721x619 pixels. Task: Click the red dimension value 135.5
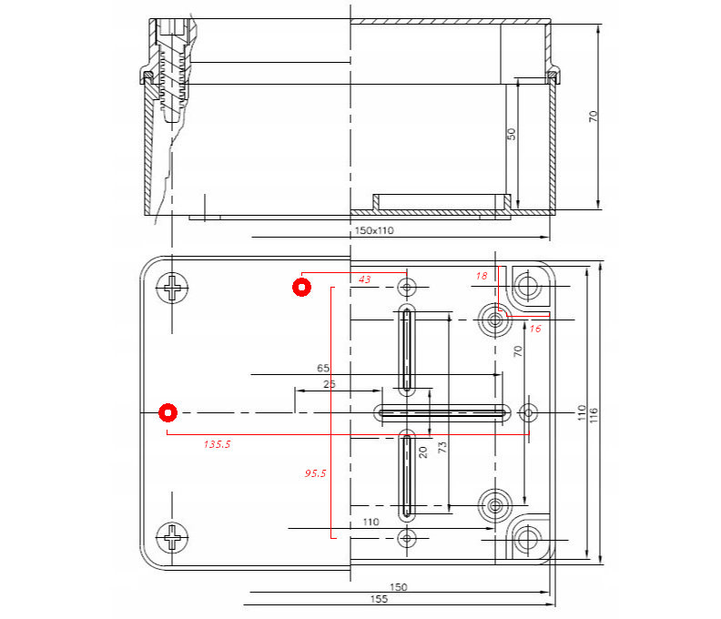coord(217,444)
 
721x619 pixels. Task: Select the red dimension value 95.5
coord(314,473)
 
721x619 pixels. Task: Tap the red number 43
coord(364,279)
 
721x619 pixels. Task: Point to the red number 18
coord(482,275)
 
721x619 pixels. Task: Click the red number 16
coord(534,329)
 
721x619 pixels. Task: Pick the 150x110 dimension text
coord(373,231)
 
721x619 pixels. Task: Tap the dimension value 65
coord(322,369)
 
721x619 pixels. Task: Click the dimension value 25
coord(329,384)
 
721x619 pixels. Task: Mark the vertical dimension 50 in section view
coord(511,133)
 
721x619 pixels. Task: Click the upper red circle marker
coord(301,288)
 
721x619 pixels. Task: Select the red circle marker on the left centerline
coord(168,413)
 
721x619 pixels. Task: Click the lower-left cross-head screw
coord(173,537)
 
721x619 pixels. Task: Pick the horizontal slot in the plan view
coord(442,413)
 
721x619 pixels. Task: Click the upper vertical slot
coord(407,350)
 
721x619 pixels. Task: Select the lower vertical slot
coord(407,475)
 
